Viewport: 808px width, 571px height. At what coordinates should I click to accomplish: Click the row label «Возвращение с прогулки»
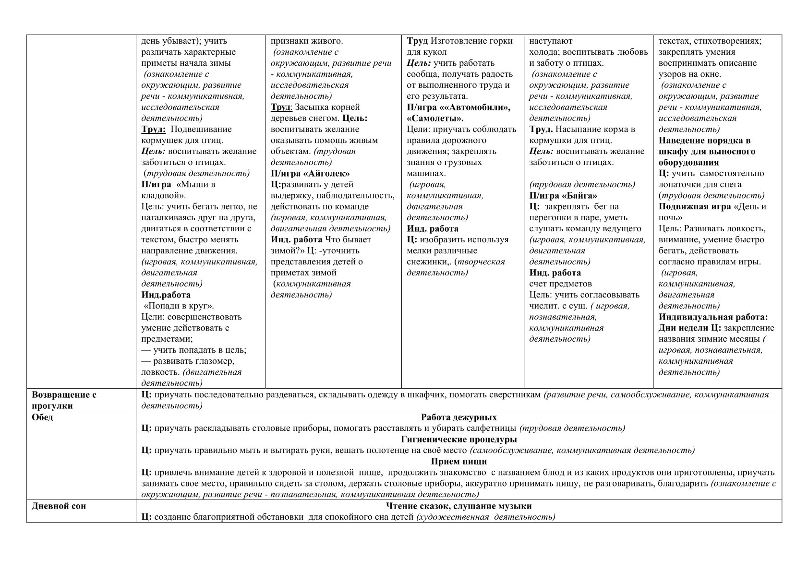point(64,400)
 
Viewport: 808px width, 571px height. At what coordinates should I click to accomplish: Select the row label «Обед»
point(42,417)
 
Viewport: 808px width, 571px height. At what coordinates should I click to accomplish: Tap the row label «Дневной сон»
point(59,506)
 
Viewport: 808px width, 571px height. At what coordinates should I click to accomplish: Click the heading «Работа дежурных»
point(458,417)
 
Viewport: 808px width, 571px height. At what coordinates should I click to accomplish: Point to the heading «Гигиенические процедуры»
point(458,439)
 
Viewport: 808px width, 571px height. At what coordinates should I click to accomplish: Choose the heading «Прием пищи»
point(458,461)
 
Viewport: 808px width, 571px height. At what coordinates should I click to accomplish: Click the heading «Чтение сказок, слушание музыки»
point(458,506)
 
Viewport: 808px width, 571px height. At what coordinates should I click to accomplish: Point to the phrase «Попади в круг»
point(179,306)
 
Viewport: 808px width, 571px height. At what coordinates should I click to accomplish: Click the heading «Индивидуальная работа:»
point(713,317)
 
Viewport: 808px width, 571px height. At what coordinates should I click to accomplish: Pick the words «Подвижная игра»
point(695,206)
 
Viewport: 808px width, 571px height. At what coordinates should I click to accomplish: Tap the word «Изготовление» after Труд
point(458,41)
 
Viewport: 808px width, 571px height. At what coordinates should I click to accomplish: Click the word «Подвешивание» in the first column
point(201,129)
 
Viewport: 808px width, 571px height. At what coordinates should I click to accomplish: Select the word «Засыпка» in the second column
point(311,107)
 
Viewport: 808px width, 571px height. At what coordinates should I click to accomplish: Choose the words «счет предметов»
point(560,284)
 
